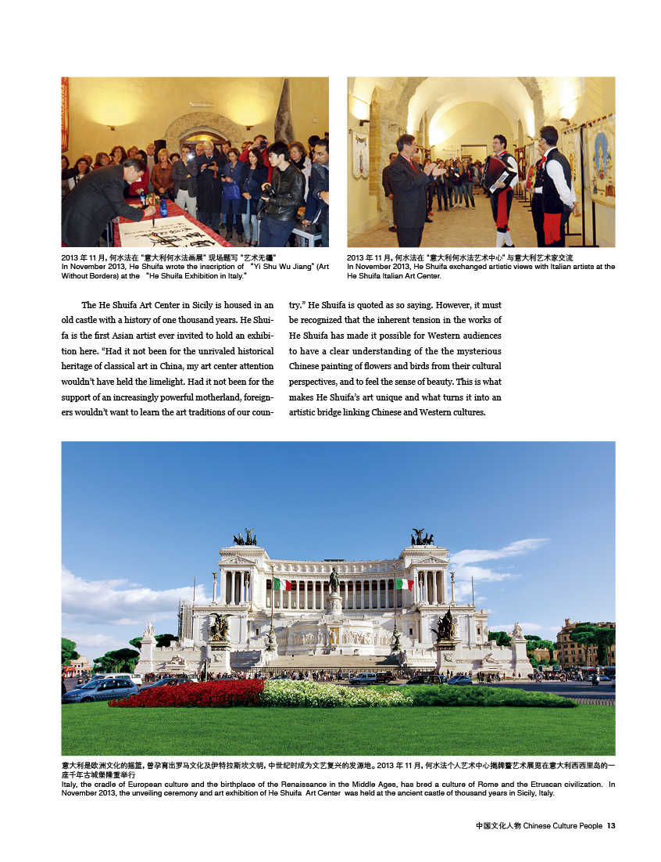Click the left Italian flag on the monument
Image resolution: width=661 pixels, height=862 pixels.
coord(282,584)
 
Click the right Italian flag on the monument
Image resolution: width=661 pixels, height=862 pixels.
coord(404,584)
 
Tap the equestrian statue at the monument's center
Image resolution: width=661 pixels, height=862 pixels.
coord(334,580)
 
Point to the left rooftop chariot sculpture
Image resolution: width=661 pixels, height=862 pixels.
coord(245,537)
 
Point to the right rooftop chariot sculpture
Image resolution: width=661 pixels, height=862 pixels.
coord(422,537)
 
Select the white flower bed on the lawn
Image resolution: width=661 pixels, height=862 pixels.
coord(328,691)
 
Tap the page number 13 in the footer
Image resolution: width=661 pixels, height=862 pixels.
coord(611,826)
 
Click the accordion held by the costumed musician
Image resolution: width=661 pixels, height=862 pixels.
coord(497,172)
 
